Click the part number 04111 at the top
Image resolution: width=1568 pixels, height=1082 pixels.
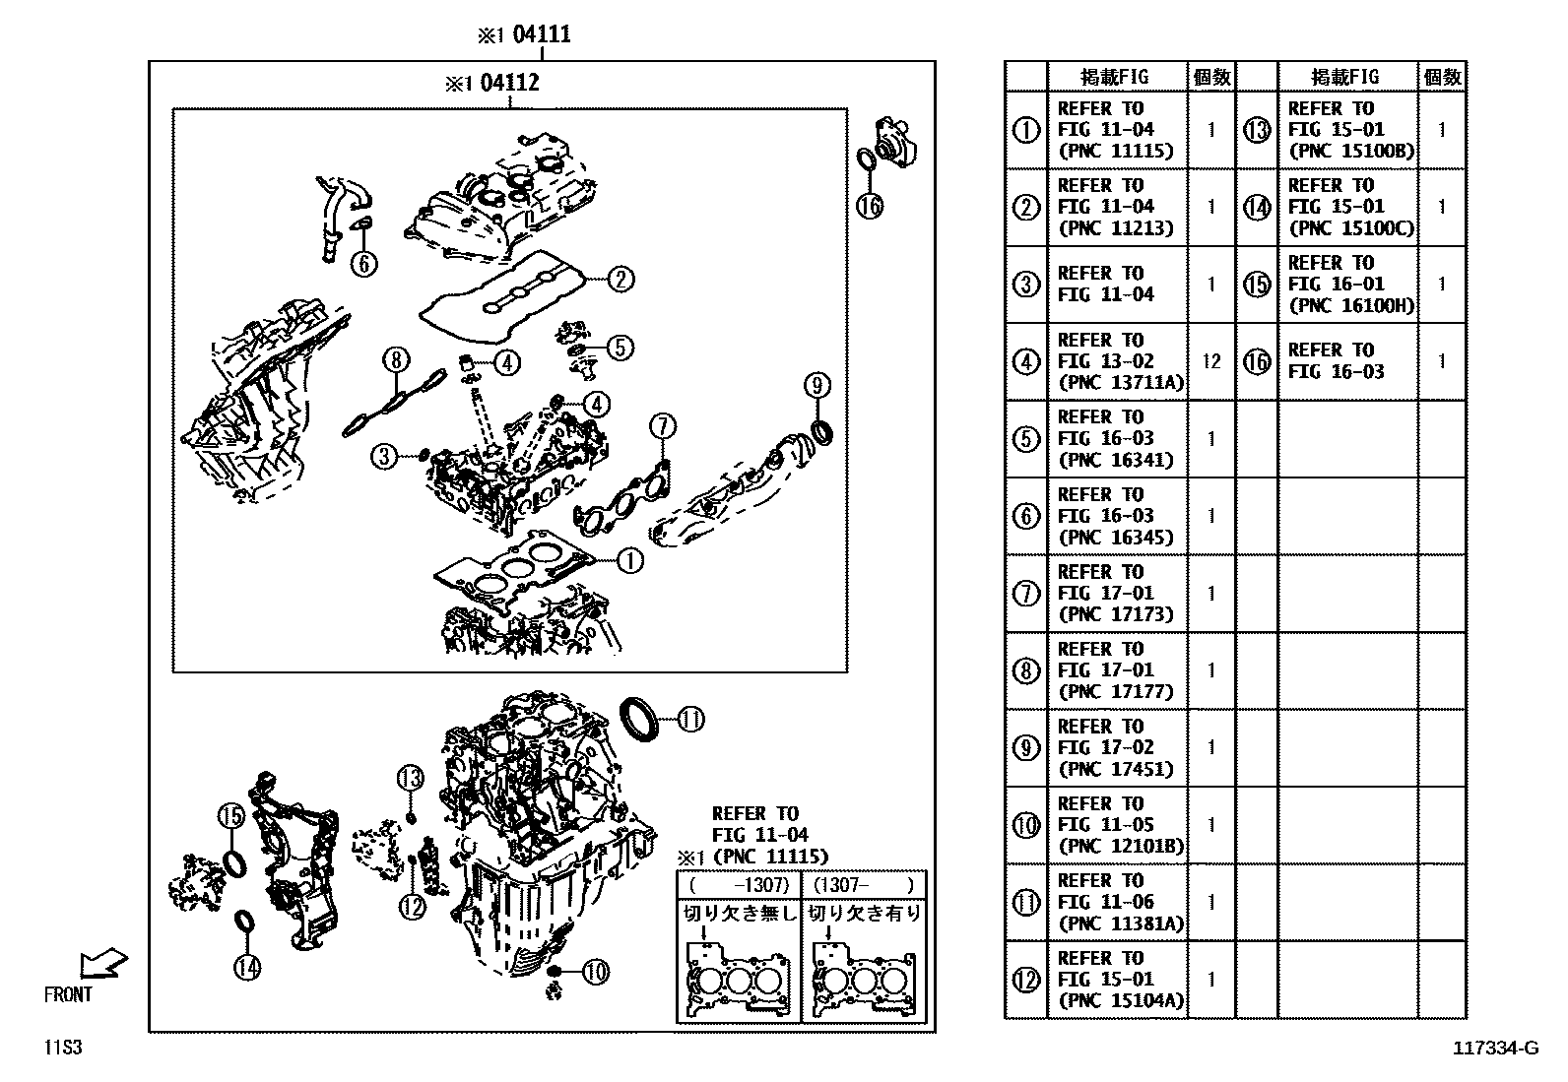[x=541, y=35]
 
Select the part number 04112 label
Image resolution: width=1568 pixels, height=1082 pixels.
[x=509, y=83]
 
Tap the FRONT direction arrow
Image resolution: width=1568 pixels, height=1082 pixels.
[x=102, y=964]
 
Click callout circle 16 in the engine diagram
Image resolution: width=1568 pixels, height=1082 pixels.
[x=869, y=205]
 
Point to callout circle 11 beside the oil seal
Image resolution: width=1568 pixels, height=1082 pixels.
[x=690, y=720]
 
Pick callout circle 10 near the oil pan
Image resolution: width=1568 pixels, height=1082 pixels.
[x=595, y=973]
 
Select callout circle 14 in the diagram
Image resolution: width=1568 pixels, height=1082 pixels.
[x=247, y=968]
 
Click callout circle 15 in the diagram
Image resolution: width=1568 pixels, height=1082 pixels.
[x=230, y=815]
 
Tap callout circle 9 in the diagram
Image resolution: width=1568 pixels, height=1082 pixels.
[x=817, y=384]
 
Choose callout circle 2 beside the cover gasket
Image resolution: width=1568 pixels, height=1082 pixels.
[x=620, y=280]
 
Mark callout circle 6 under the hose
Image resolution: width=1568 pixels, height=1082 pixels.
[x=362, y=263]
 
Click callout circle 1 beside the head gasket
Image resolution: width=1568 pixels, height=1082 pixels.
[x=629, y=561]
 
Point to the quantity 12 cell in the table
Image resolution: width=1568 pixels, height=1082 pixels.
[x=1210, y=361]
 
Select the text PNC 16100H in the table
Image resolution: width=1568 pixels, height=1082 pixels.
[x=1350, y=305]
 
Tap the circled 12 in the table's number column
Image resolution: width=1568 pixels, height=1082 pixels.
[x=1026, y=980]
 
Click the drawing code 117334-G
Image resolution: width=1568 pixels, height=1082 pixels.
[x=1494, y=1048]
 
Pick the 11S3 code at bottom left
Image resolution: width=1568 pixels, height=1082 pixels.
[x=61, y=1048]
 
